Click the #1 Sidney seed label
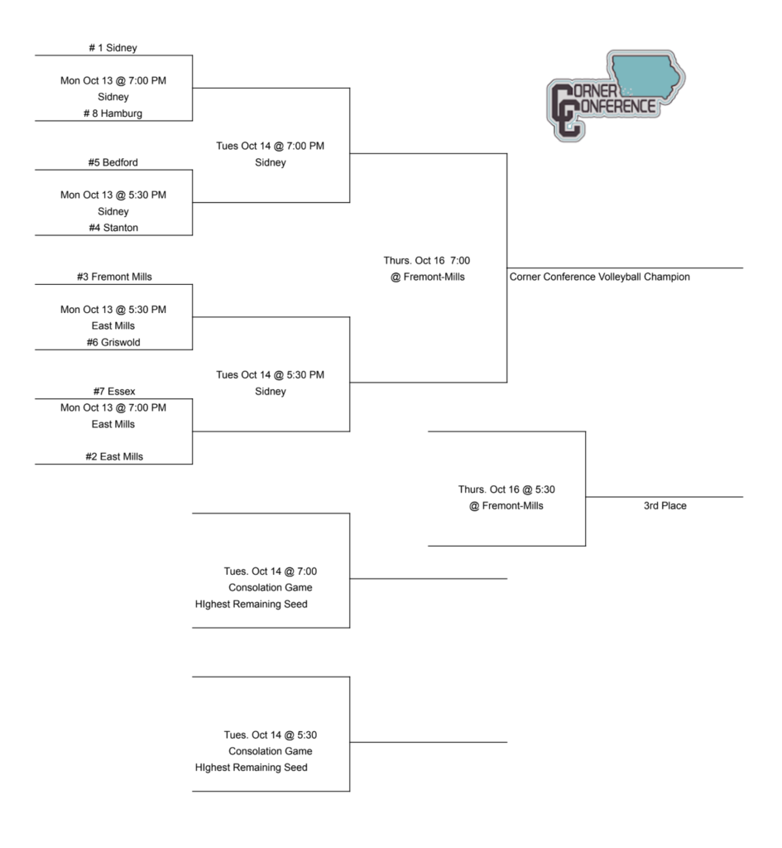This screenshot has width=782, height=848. click(x=113, y=48)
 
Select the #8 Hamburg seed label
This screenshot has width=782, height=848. click(x=113, y=113)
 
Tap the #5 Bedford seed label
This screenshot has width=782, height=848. click(x=113, y=162)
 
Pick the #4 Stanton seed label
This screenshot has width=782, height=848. click(x=113, y=228)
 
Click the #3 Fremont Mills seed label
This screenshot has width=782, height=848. click(x=113, y=277)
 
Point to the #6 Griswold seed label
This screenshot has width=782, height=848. click(x=113, y=342)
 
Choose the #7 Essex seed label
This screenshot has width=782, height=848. click(x=113, y=391)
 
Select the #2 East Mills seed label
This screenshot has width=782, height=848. click(x=113, y=456)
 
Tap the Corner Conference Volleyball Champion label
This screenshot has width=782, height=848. click(x=599, y=277)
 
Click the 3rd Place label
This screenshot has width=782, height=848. click(x=664, y=506)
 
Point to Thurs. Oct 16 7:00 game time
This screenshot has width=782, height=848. click(x=427, y=261)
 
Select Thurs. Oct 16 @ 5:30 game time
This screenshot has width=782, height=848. click(x=506, y=489)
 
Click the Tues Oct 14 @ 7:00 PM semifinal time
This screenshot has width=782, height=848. click(x=271, y=147)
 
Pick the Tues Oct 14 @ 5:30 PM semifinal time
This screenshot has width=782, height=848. click(x=271, y=375)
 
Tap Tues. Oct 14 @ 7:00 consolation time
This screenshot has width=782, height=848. click(x=271, y=571)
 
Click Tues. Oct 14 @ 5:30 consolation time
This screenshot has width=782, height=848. click(x=271, y=735)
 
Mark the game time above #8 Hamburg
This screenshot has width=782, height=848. click(x=113, y=81)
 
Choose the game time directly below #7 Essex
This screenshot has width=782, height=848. click(x=113, y=407)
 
